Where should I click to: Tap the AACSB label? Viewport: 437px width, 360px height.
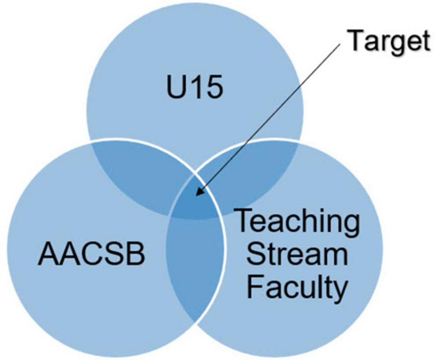pos(91,255)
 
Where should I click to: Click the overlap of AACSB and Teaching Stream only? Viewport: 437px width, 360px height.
pos(195,267)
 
